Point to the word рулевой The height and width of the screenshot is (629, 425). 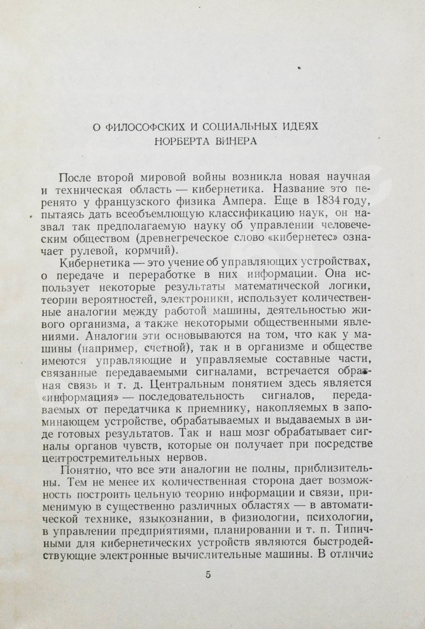pos(92,251)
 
